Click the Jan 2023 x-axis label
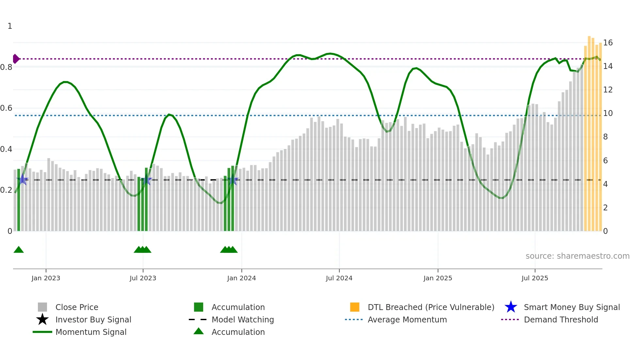tap(46, 278)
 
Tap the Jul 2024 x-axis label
tap(339, 278)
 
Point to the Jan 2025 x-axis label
tap(438, 278)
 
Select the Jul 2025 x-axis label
tap(535, 278)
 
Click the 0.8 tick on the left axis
tap(6, 67)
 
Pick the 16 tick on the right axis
tap(608, 43)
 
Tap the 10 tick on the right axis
tap(608, 113)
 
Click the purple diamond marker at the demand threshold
tap(16, 59)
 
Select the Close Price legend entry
tap(77, 307)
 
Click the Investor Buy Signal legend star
tap(42, 319)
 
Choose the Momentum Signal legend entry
tap(91, 332)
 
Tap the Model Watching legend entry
tap(243, 319)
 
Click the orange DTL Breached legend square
tap(355, 307)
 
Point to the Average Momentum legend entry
tap(407, 319)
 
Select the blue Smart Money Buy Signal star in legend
tap(511, 307)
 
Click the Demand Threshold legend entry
tap(561, 319)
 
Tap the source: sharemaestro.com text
tap(577, 256)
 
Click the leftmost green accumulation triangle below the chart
tap(19, 250)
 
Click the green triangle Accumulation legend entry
tap(199, 332)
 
